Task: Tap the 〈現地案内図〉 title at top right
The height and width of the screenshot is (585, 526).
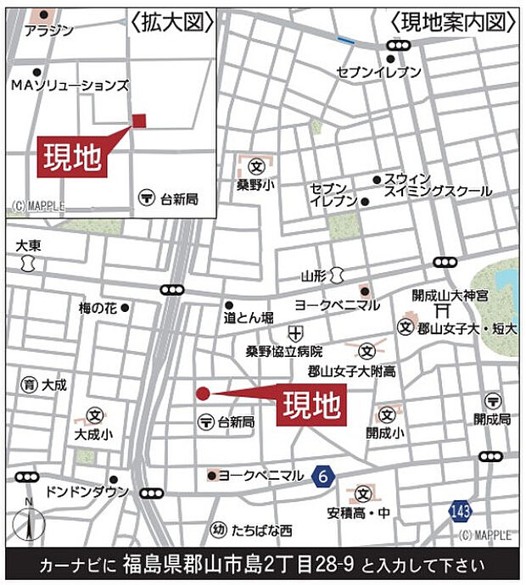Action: (453, 20)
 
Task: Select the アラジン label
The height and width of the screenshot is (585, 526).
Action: (49, 31)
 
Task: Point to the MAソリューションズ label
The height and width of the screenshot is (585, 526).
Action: (70, 85)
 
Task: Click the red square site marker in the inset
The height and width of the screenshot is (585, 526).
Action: (139, 120)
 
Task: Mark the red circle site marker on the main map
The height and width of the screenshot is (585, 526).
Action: (203, 393)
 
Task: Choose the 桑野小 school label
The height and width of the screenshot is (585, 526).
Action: (255, 183)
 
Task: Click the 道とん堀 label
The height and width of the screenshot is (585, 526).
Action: (249, 317)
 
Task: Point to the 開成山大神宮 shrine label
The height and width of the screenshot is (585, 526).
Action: (450, 296)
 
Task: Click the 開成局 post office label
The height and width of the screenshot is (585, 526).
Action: (492, 419)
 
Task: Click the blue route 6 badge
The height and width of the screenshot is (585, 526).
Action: (322, 476)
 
